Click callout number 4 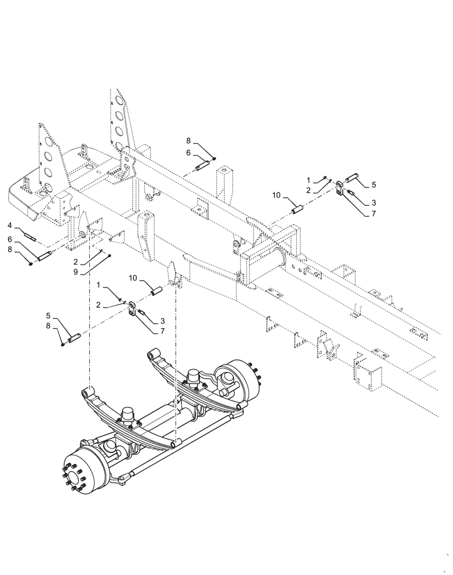coord(10,225)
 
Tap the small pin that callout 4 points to coord(30,235)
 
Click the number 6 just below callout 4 coord(10,239)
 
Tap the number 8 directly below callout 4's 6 coord(10,250)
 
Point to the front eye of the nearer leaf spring coord(87,393)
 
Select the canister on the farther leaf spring coord(195,377)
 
